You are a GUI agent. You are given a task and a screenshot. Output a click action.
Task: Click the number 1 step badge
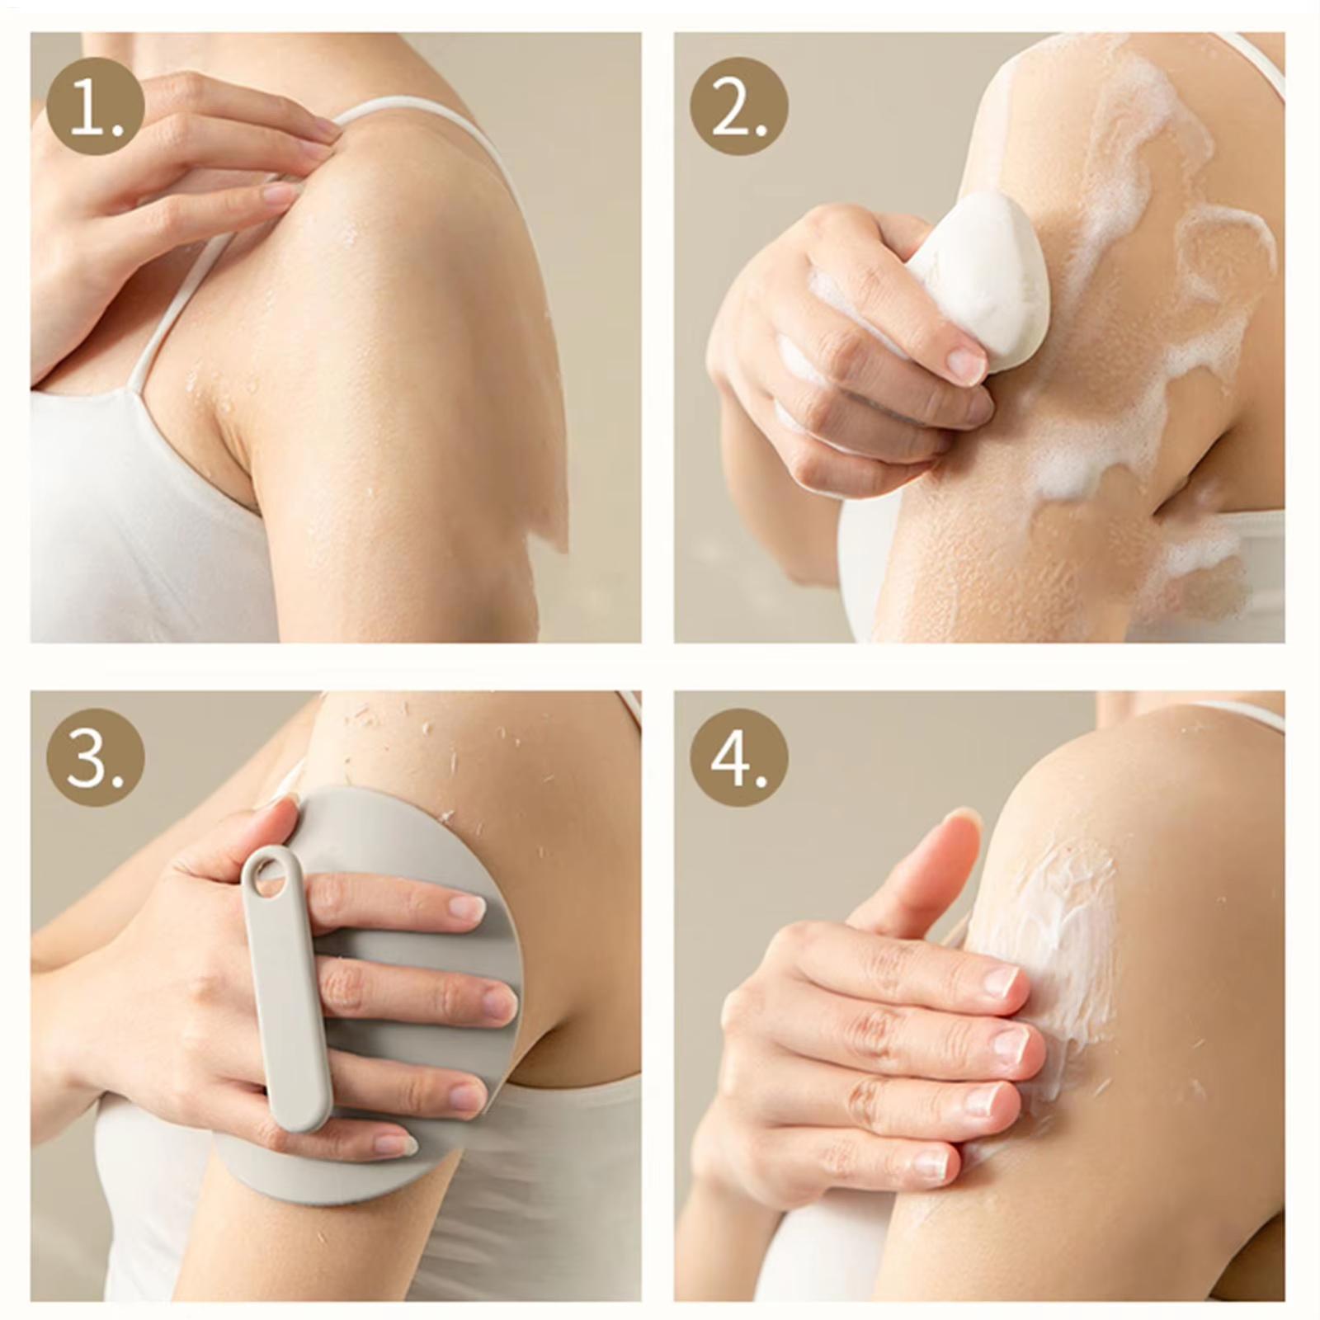95,107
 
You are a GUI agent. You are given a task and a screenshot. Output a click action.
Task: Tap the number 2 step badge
739,107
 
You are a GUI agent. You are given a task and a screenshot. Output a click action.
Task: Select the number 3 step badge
95,757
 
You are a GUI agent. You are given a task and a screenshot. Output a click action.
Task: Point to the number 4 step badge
739,757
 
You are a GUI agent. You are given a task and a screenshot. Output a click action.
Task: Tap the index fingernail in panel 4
1002,982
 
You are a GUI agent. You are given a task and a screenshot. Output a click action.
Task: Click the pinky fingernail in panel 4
932,1164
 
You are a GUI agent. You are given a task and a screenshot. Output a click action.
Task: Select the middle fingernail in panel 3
500,1002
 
